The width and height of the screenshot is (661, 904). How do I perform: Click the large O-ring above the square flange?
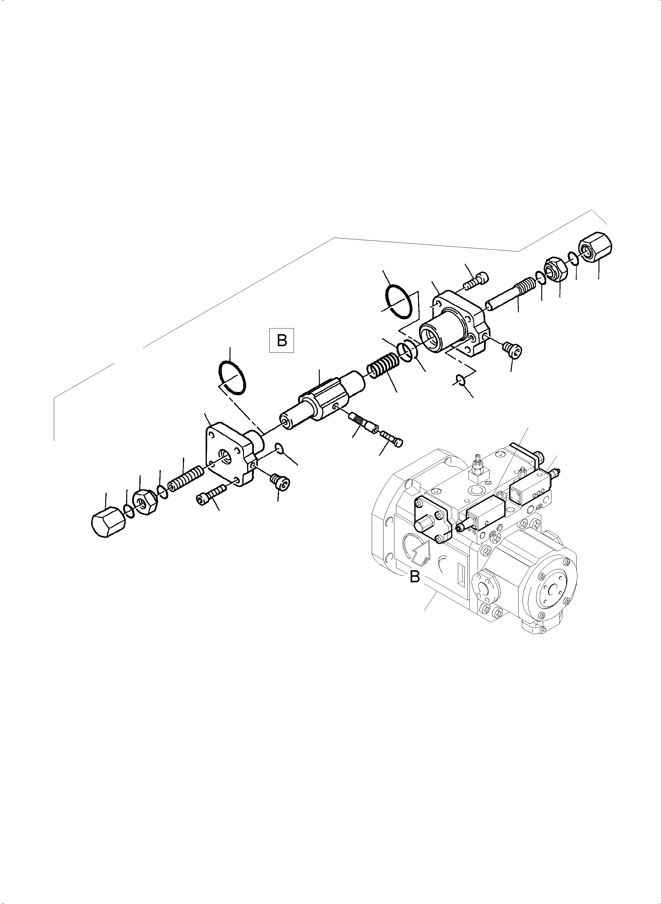pyautogui.click(x=232, y=378)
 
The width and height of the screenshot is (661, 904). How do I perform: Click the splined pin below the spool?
pyautogui.click(x=365, y=423)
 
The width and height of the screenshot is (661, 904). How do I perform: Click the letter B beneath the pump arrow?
pyautogui.click(x=415, y=577)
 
